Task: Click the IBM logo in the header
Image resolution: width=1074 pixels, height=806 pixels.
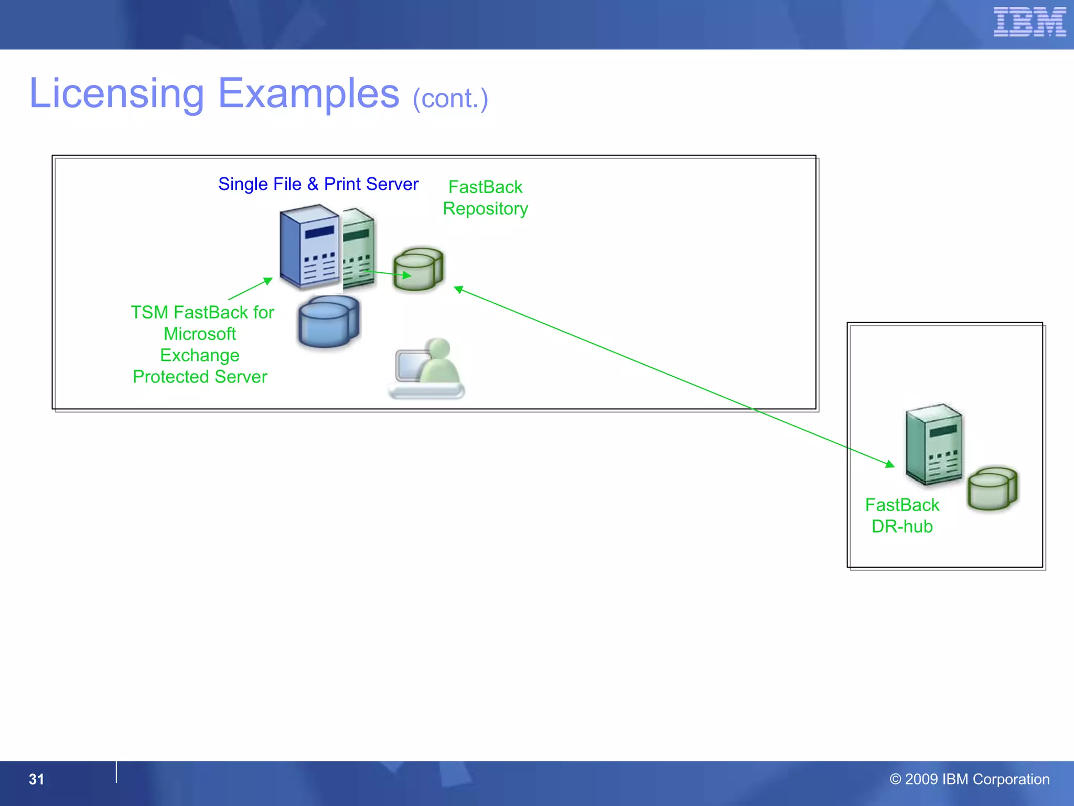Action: tap(1029, 22)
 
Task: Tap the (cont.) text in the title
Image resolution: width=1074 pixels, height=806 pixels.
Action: tap(450, 99)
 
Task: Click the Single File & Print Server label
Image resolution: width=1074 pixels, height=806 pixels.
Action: tap(318, 184)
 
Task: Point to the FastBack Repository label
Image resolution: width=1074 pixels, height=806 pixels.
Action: tap(485, 198)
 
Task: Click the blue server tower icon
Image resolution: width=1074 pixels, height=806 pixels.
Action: tap(309, 247)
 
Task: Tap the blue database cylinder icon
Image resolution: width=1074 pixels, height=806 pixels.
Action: tap(329, 322)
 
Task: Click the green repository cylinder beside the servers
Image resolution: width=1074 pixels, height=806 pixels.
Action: tap(418, 269)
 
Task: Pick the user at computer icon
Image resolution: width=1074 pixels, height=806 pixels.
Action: tap(427, 369)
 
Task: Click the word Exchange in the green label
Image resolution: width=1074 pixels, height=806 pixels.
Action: tap(200, 355)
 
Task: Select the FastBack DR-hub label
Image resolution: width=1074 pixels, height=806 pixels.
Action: tap(902, 516)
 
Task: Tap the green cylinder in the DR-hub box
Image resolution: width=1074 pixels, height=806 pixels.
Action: tap(992, 489)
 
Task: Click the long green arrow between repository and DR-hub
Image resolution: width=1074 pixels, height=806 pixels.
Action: tap(674, 376)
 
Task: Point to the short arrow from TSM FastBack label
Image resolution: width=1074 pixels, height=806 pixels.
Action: tap(251, 289)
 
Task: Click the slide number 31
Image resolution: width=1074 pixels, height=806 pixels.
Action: tap(36, 779)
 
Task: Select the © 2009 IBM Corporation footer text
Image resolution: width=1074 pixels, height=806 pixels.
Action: tap(969, 779)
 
